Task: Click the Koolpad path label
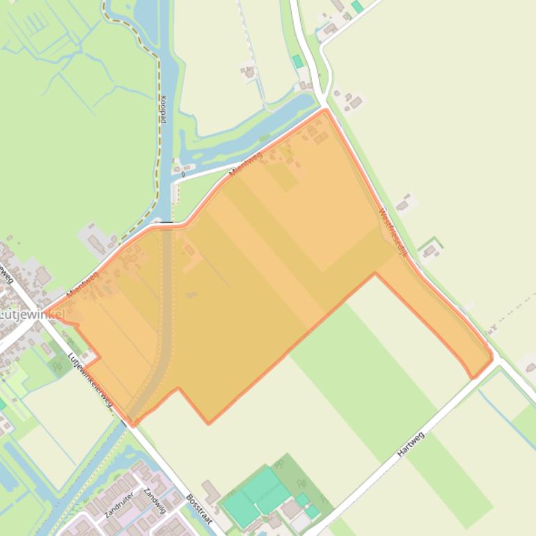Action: click(163, 109)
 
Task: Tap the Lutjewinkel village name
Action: click(31, 315)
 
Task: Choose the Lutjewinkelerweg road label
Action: click(90, 380)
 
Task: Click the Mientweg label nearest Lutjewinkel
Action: click(82, 285)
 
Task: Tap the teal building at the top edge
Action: click(357, 6)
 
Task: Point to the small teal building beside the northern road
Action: click(298, 61)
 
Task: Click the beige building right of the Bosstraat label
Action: click(211, 491)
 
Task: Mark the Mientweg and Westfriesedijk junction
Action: click(325, 109)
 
